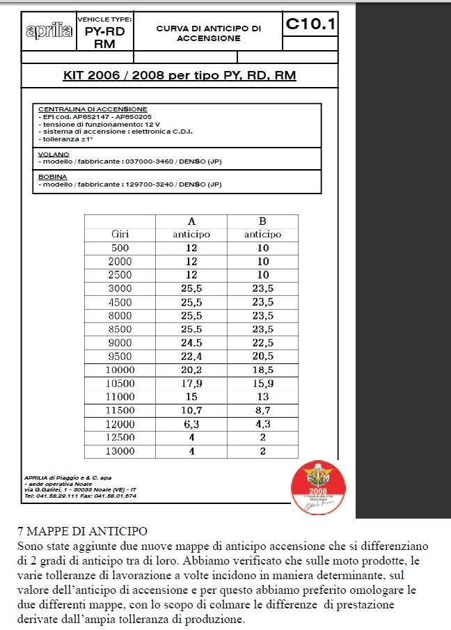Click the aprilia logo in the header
[x=49, y=31]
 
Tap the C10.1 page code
[x=310, y=25]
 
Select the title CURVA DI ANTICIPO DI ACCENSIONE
[x=209, y=33]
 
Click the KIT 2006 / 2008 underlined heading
[x=180, y=74]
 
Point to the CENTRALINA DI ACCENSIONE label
[x=93, y=110]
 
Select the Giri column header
[x=120, y=235]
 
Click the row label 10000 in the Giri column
[x=120, y=370]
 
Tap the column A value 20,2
[x=191, y=370]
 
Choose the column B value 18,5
[x=262, y=370]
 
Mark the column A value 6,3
[x=191, y=424]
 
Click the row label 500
[x=120, y=248]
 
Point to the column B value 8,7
[x=262, y=411]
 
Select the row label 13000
[x=120, y=451]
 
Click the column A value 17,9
[x=191, y=384]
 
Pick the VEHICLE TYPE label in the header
[x=104, y=19]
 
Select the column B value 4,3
[x=262, y=424]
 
